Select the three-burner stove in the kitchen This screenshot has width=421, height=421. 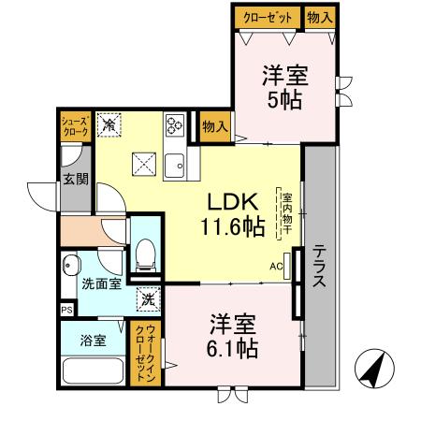click(x=174, y=124)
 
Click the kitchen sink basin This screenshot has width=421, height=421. click(x=175, y=167)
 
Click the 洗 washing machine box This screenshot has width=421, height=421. click(x=147, y=300)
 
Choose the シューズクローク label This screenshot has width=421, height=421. click(x=75, y=126)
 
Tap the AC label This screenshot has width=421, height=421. click(x=277, y=266)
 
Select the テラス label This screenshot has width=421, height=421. click(x=319, y=269)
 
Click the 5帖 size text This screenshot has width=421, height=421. click(x=284, y=99)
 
